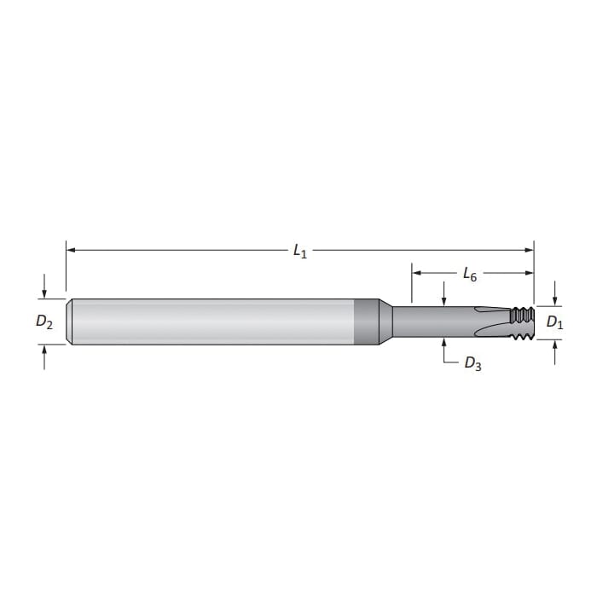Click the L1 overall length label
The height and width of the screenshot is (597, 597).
299,252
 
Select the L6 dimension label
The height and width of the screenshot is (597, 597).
469,275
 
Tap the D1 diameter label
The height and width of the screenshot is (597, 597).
554,322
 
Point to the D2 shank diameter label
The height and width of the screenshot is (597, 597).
44,322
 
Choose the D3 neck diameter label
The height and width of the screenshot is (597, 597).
472,364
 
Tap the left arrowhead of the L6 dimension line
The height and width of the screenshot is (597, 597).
417,274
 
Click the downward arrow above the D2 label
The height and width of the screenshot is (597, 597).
44,293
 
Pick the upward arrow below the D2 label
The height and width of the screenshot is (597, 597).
44,351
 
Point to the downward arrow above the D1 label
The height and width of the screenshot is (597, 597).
555,299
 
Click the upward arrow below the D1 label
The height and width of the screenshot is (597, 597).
555,345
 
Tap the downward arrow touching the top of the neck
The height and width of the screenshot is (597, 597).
444,299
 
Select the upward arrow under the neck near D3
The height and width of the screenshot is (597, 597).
444,345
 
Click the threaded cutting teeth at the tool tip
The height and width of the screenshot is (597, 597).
521,322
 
